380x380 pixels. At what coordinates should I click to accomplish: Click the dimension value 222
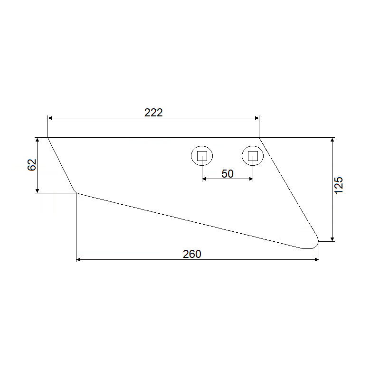click(x=153, y=113)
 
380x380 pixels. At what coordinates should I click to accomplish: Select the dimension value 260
click(x=192, y=254)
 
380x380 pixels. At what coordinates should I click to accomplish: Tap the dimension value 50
click(x=228, y=174)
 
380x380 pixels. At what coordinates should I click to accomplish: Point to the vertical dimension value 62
click(x=32, y=165)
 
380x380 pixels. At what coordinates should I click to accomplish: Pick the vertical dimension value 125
click(x=339, y=185)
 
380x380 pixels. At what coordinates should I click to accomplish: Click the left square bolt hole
click(x=202, y=156)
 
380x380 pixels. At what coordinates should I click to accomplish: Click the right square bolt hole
click(x=253, y=156)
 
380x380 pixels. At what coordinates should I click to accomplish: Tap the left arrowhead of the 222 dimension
click(x=50, y=118)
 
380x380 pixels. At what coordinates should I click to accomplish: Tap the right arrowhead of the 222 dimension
click(x=257, y=118)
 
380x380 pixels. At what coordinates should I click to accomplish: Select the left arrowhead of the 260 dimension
click(x=78, y=260)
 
